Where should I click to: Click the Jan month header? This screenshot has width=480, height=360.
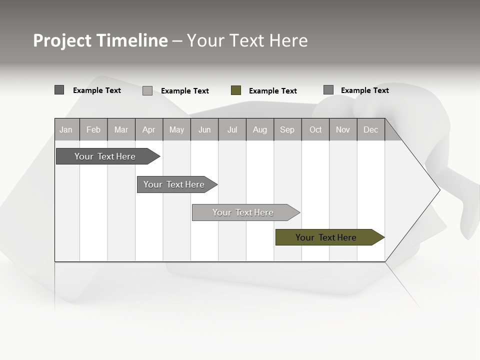[x=66, y=129]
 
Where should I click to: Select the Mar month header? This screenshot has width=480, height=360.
[x=121, y=129]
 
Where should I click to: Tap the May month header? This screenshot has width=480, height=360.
[x=176, y=129]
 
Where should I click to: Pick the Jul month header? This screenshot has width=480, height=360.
[x=232, y=129]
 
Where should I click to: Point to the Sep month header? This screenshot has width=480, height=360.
[x=287, y=129]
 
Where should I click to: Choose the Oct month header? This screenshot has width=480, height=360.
[x=315, y=129]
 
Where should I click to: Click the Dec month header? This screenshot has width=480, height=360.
[x=370, y=129]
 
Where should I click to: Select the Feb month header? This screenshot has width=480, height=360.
[x=93, y=129]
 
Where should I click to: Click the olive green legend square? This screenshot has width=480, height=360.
[x=236, y=90]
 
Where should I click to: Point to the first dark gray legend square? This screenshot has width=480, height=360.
[x=59, y=90]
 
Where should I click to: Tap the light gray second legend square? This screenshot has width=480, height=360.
[x=147, y=90]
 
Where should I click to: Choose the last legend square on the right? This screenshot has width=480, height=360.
[x=328, y=90]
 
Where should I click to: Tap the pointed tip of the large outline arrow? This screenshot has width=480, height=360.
[x=439, y=190]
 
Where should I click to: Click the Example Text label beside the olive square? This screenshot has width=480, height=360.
[x=272, y=91]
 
